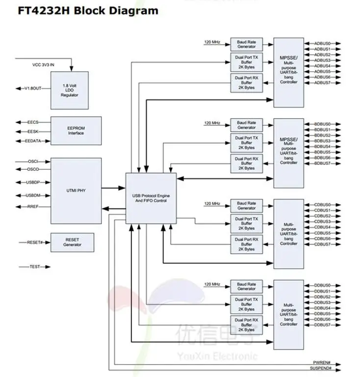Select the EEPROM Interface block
click(76, 131)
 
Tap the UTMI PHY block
click(76, 189)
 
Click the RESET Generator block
click(72, 242)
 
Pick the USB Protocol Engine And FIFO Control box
click(151, 198)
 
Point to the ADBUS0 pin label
click(322, 44)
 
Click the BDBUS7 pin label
click(322, 163)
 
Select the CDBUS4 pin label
click(322, 227)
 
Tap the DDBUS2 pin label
click(322, 297)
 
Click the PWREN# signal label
click(323, 363)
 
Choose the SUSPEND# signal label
click(322, 368)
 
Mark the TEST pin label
click(35, 267)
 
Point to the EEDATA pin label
click(34, 141)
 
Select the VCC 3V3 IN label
click(45, 64)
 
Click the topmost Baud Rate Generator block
click(247, 44)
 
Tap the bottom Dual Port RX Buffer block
click(247, 324)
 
